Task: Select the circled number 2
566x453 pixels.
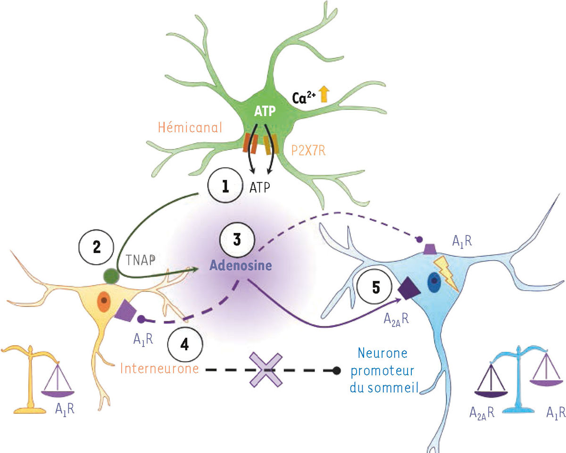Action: coord(96,248)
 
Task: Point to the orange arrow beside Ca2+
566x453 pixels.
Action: coord(324,95)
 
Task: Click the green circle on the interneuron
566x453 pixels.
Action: coord(111,276)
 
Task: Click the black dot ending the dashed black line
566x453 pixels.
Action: coord(336,371)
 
